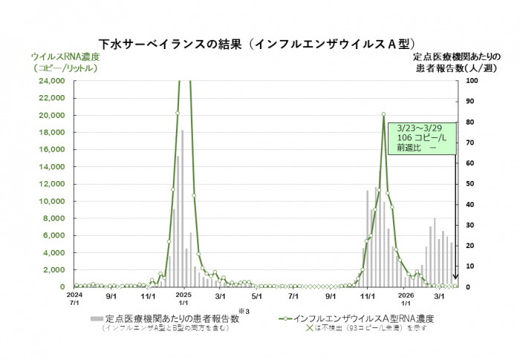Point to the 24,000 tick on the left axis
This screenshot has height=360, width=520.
click(53, 80)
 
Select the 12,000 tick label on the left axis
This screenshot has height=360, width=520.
click(53, 183)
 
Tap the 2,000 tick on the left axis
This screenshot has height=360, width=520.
click(56, 269)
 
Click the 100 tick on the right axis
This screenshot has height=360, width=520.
click(472, 80)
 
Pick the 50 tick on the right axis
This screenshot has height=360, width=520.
click(471, 183)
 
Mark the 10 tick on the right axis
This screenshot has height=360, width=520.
click(471, 266)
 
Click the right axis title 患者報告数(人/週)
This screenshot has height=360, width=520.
click(455, 68)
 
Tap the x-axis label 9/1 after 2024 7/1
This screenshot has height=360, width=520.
click(111, 295)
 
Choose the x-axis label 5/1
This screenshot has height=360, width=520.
click(257, 295)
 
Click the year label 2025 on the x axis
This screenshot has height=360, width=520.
click(184, 295)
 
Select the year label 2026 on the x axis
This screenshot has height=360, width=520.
click(406, 295)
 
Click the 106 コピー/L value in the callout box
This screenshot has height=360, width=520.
click(421, 137)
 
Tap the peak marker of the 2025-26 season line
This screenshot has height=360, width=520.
click(383, 114)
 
